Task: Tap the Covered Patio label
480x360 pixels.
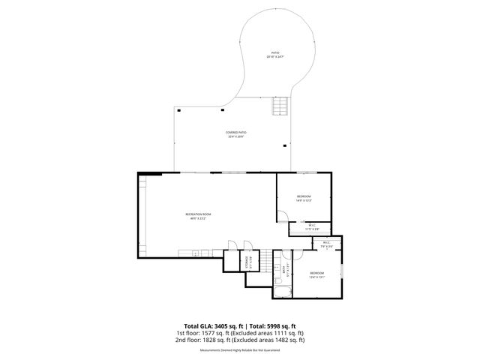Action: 235,134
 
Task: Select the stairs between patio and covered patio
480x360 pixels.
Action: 279,106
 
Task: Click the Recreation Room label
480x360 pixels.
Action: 199,216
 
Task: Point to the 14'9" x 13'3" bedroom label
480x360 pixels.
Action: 303,198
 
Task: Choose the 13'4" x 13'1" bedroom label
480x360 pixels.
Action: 317,274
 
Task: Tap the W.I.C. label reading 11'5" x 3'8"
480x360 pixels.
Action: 313,226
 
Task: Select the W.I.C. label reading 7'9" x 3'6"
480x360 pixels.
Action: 327,244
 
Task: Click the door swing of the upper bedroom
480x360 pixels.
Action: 281,217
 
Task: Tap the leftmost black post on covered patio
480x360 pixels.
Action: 181,109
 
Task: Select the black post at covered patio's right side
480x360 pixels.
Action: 285,145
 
